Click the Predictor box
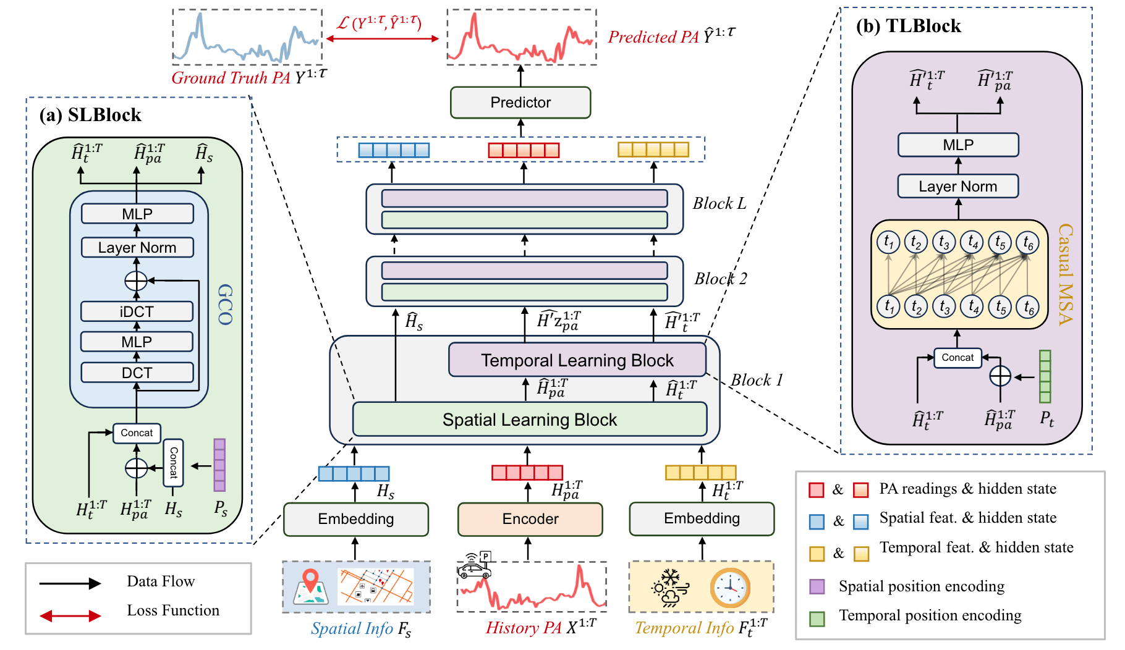(520, 103)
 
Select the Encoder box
(530, 519)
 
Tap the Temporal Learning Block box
(577, 360)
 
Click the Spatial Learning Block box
(529, 420)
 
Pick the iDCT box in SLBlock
(137, 311)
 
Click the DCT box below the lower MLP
(137, 373)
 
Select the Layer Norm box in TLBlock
(957, 186)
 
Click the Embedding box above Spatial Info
(355, 519)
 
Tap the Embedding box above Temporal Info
(702, 518)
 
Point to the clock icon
(730, 588)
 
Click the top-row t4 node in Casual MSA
(973, 242)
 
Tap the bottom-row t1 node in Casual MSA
(888, 306)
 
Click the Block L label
(719, 203)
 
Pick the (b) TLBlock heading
(908, 26)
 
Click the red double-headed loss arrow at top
(382, 38)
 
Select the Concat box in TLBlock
(957, 358)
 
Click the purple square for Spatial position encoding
(817, 586)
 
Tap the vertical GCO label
(225, 305)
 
